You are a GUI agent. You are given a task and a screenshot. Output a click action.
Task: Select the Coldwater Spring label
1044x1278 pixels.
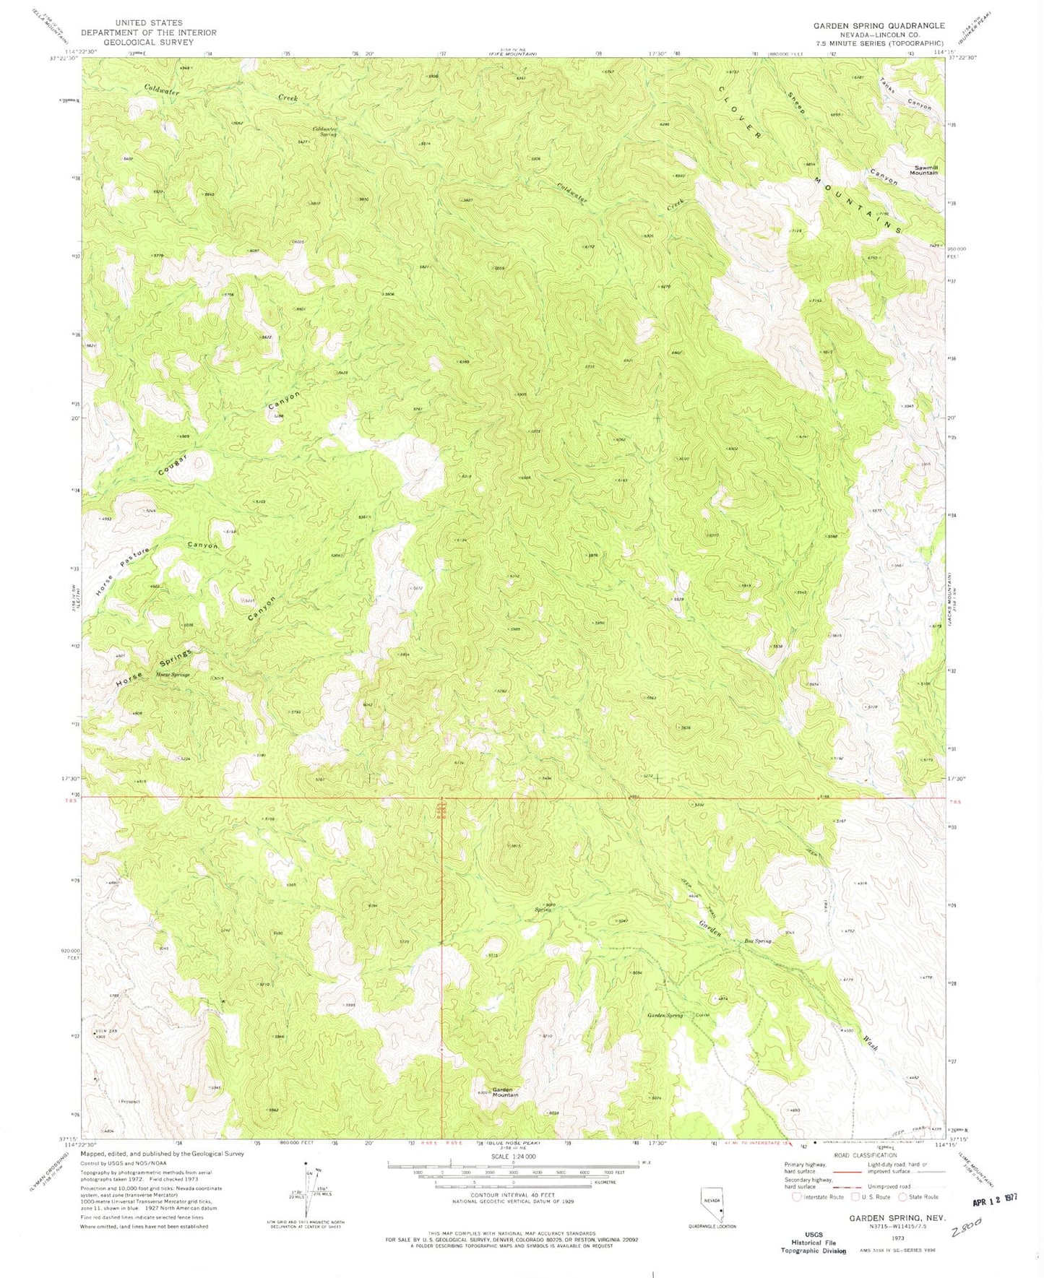[x=324, y=131]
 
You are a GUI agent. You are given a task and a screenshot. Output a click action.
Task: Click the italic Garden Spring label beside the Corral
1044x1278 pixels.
[x=664, y=1015]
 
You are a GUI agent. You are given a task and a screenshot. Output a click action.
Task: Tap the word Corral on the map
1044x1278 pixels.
[x=703, y=1015]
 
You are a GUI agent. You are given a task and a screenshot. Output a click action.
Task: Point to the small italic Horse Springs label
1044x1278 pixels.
[x=173, y=674]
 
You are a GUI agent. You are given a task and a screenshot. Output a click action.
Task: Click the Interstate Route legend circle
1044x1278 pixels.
[x=796, y=1196]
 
